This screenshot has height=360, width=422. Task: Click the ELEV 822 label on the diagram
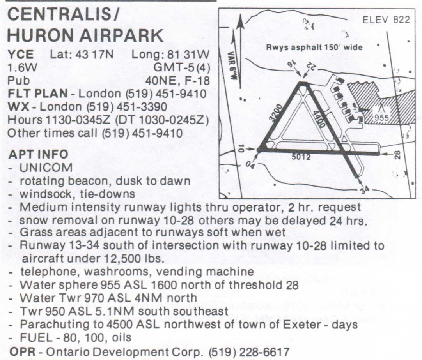[x=386, y=20]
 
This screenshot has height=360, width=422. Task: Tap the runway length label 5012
[x=301, y=157]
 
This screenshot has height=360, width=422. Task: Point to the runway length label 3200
[x=276, y=113]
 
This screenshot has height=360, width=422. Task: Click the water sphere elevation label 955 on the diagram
[x=381, y=118]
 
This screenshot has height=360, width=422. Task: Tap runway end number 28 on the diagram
[x=397, y=155]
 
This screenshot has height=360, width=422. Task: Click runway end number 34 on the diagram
[x=364, y=191]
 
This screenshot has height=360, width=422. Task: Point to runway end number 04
[x=250, y=166]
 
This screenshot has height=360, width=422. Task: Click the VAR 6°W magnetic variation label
[x=234, y=66]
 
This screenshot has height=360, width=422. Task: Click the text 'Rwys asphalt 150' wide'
[x=314, y=48]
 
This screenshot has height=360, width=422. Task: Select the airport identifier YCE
[x=20, y=55]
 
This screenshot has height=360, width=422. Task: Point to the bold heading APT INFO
[x=38, y=154]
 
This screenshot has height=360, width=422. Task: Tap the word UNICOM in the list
[x=46, y=168]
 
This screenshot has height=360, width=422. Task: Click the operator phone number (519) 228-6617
[x=249, y=352]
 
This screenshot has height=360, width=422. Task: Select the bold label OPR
[x=22, y=352]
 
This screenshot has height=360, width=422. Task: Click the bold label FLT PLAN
[x=38, y=94]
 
